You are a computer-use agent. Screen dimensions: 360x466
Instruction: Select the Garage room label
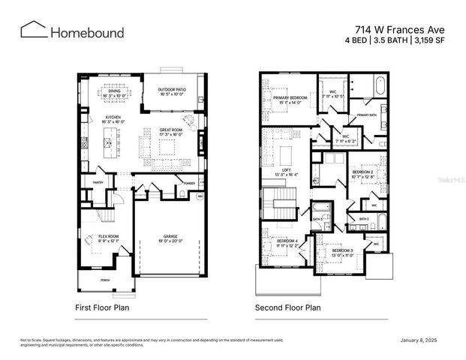click(170, 238)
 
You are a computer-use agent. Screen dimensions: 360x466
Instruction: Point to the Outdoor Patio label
click(171, 89)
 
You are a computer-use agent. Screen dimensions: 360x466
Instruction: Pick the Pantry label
click(98, 182)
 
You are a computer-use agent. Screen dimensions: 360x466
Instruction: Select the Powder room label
click(189, 183)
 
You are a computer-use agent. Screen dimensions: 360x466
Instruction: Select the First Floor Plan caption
click(103, 307)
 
